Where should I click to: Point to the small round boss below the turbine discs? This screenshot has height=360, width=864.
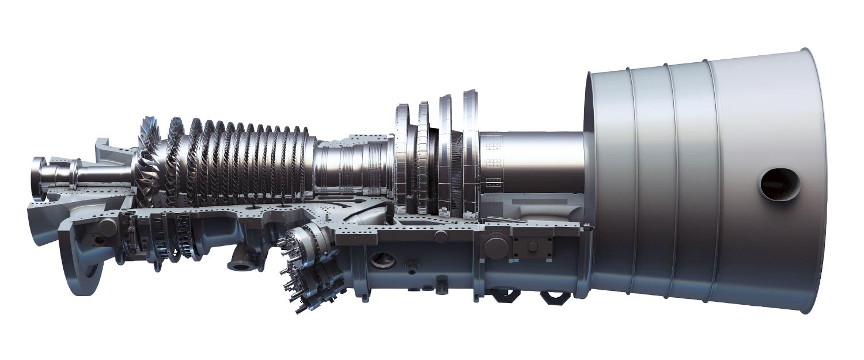click(x=441, y=236)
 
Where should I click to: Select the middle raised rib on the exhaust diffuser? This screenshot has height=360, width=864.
click(x=671, y=184)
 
